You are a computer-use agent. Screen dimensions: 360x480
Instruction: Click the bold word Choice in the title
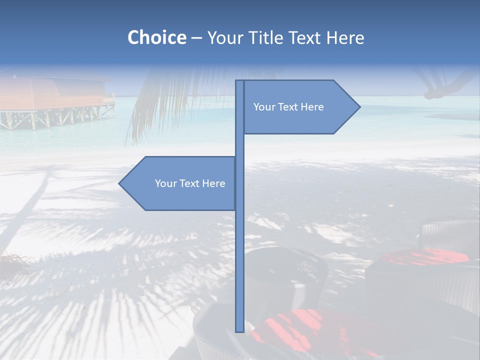point(156,37)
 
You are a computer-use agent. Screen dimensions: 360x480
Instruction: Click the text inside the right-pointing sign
point(288,107)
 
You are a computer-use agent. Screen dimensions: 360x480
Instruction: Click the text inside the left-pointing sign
point(190,183)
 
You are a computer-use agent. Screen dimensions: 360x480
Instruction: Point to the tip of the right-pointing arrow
point(359,107)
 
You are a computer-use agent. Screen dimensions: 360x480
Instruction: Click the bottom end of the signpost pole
point(239,330)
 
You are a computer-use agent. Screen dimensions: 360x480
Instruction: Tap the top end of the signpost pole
point(239,81)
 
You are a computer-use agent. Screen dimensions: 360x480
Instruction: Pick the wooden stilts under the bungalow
point(55,118)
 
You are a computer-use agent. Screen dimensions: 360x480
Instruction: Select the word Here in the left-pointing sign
point(213,183)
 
